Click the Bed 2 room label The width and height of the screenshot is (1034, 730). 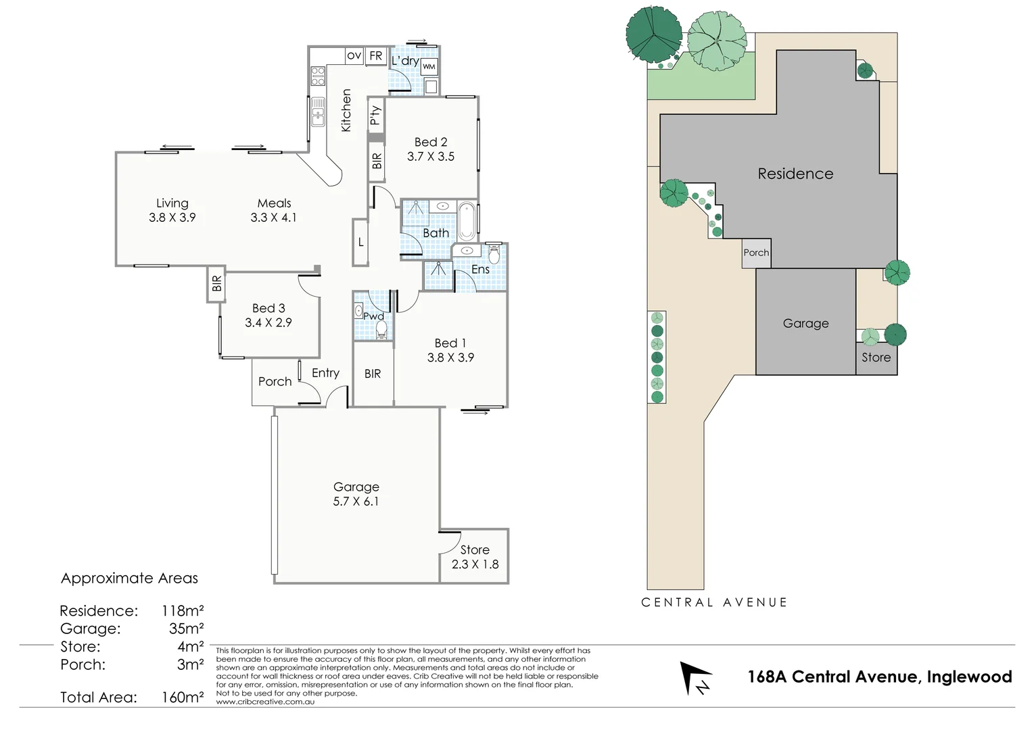click(x=430, y=142)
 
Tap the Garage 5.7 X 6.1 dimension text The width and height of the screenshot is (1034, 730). click(x=356, y=502)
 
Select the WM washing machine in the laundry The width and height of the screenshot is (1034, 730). click(x=429, y=66)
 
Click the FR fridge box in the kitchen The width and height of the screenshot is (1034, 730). click(x=375, y=56)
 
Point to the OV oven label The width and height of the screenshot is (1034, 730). click(x=354, y=55)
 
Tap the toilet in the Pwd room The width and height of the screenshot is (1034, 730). click(x=381, y=329)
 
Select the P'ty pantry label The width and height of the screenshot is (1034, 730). click(x=376, y=116)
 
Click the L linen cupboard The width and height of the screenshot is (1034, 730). click(x=361, y=242)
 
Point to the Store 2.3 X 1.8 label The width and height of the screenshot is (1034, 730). click(x=475, y=557)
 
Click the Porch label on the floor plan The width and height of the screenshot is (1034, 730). click(x=275, y=382)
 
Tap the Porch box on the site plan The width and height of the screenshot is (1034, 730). click(x=756, y=253)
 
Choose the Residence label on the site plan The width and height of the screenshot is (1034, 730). click(x=795, y=174)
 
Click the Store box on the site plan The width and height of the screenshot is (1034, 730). click(x=876, y=358)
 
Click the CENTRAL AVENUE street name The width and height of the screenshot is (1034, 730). click(x=714, y=602)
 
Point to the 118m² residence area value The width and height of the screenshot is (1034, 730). click(x=183, y=611)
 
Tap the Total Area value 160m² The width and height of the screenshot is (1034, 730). click(x=183, y=697)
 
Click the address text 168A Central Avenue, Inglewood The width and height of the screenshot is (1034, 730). click(x=879, y=677)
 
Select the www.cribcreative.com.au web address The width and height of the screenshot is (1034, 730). click(x=265, y=702)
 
